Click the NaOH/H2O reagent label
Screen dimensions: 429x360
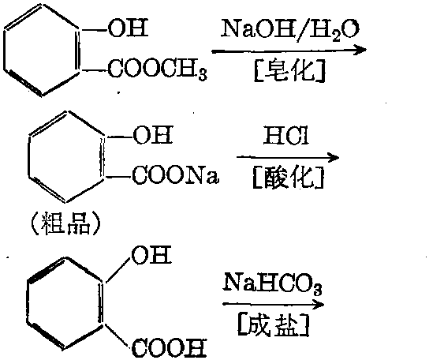pos(290,29)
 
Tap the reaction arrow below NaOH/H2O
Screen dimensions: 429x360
pos(289,51)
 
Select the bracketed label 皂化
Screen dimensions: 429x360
pos(289,71)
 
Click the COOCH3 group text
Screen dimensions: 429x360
pos(158,69)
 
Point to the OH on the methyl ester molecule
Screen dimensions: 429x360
pos(129,28)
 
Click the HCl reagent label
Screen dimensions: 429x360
pos(286,135)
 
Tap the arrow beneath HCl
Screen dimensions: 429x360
pos(288,158)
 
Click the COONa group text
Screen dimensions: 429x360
pos(175,174)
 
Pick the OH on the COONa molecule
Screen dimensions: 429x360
pos(153,134)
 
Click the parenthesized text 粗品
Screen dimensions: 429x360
pos(65,225)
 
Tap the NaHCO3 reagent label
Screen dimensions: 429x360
pos(273,283)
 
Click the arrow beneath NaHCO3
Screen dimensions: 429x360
pos(274,305)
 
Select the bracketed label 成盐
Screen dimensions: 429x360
pos(274,325)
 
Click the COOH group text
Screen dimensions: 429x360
pos(169,348)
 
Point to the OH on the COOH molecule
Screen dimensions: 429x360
pos(151,254)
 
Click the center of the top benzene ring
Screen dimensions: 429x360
pos(42,50)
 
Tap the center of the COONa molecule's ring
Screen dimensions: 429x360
pos(66,157)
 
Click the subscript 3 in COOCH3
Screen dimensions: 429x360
pos(203,74)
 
